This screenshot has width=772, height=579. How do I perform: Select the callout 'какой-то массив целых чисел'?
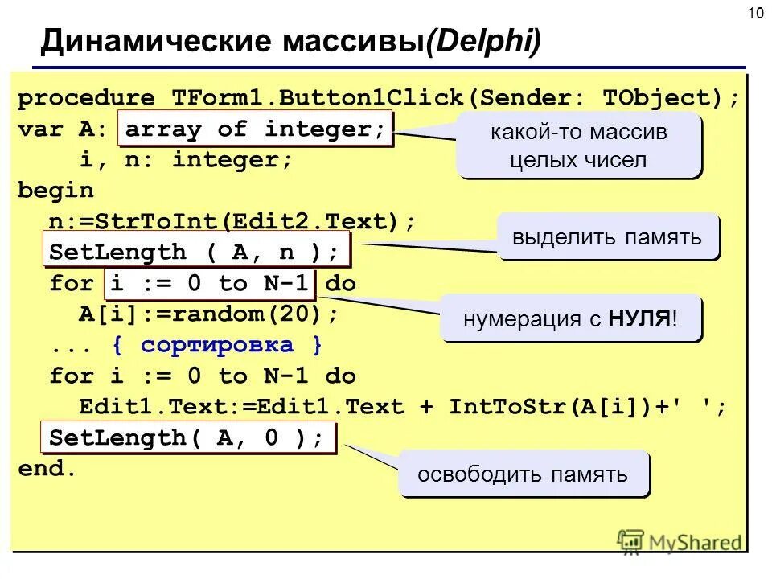click(579, 146)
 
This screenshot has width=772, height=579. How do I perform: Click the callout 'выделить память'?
click(607, 237)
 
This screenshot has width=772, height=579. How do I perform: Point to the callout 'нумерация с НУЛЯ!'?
click(571, 319)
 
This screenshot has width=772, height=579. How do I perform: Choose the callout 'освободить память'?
click(524, 474)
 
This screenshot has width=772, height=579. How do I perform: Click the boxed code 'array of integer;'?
click(256, 129)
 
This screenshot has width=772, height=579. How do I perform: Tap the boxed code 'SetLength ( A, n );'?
click(195, 253)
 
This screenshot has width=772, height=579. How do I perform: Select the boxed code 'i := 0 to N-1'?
click(210, 284)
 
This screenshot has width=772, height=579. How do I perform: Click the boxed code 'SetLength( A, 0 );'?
click(187, 438)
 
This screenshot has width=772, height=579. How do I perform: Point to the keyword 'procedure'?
click(87, 98)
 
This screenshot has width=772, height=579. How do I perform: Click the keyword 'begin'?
click(56, 191)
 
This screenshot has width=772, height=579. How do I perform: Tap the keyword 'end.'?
click(47, 470)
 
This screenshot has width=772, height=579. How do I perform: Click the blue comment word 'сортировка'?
click(217, 346)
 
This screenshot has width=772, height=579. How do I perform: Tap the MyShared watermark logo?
click(680, 541)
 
